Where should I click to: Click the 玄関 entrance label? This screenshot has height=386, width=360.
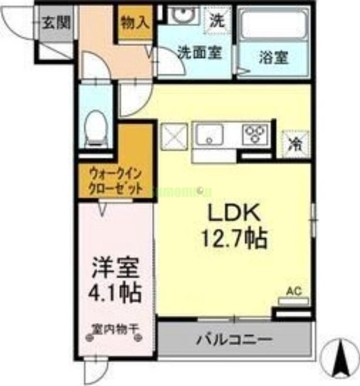(x=56, y=22)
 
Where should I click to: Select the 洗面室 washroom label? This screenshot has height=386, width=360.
(x=199, y=52)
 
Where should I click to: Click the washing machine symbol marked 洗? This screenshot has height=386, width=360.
(x=217, y=21)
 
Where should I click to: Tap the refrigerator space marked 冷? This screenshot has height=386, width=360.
(x=293, y=143)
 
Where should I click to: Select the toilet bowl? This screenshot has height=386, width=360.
(x=97, y=126)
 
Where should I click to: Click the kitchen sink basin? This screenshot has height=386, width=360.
(x=209, y=134)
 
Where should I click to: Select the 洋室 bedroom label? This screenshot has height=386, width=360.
(x=116, y=268)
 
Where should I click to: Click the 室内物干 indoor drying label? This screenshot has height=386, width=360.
(x=115, y=328)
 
